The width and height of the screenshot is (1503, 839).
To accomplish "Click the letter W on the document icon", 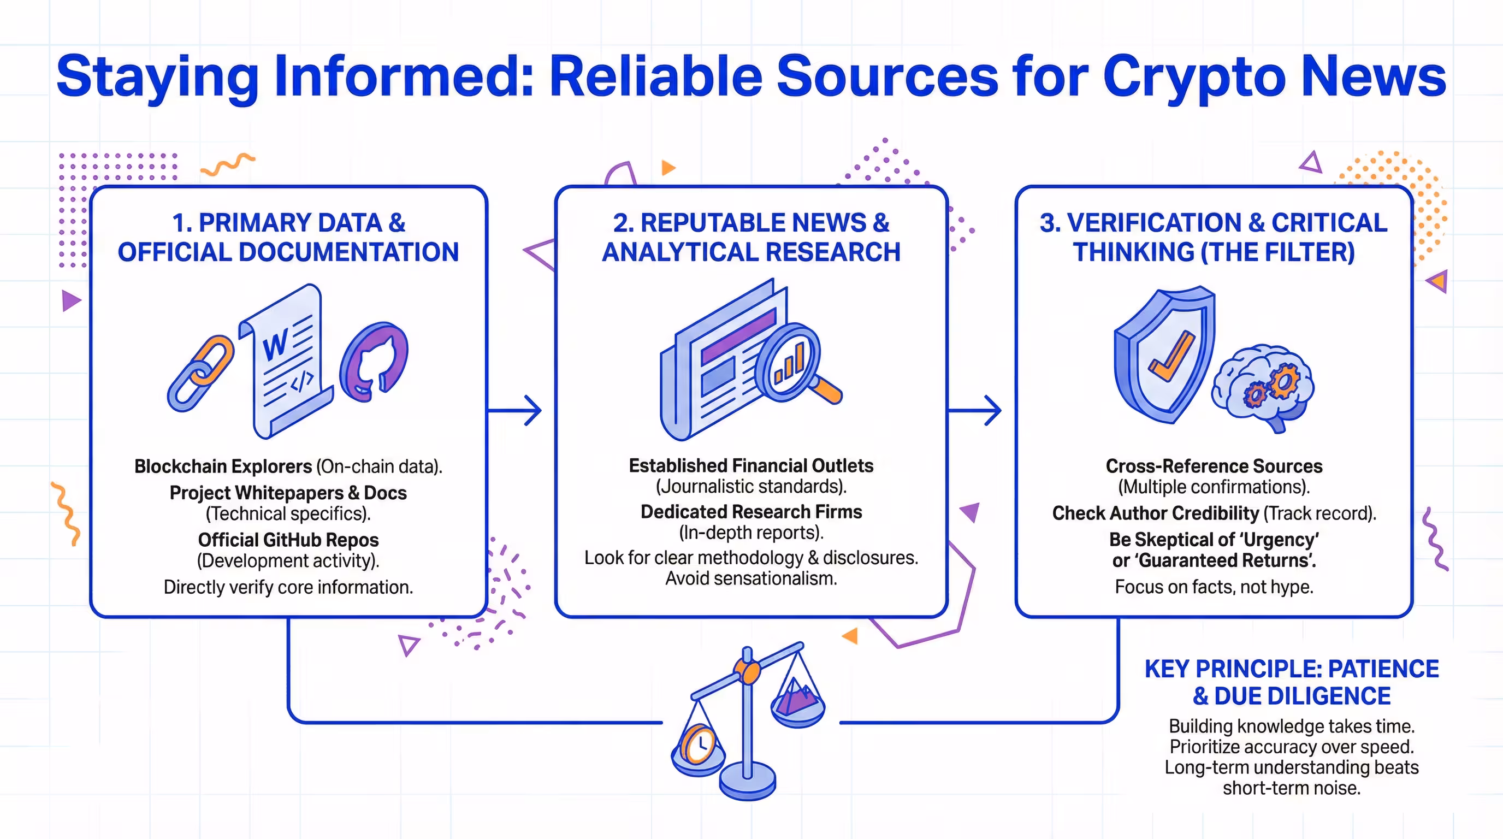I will point(275,345).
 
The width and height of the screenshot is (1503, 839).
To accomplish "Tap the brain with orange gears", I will point(1264,385).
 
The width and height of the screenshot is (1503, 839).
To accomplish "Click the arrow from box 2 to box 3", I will point(975,410).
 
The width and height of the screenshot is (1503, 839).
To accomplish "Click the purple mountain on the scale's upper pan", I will point(796,695).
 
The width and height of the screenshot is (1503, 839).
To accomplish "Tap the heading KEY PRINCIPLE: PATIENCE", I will point(1291,669).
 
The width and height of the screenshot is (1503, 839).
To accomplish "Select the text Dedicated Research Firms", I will point(751,512).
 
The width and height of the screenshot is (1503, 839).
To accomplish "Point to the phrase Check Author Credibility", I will point(1155,513).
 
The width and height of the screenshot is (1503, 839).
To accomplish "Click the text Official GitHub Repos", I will point(288,540).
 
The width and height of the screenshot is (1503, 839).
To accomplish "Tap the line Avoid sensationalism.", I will point(751,578).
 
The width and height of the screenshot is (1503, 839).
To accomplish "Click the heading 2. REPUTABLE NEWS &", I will point(751,222).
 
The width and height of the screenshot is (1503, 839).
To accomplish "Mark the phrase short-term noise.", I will point(1291,788).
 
